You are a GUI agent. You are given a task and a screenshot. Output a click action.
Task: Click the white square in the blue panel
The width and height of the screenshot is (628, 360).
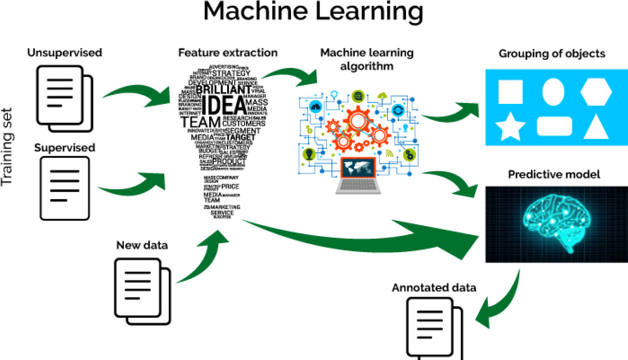[x=510, y=92]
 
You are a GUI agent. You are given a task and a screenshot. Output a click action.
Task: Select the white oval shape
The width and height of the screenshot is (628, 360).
[x=553, y=92]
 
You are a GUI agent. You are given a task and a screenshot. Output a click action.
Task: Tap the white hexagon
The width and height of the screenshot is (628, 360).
[x=596, y=92]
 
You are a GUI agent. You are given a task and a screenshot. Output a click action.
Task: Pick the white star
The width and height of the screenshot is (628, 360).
[x=510, y=127]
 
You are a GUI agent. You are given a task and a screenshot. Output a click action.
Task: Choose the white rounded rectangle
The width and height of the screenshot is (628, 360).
[x=554, y=126]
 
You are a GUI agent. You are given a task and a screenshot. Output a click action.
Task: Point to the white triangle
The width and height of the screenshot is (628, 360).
[x=596, y=128]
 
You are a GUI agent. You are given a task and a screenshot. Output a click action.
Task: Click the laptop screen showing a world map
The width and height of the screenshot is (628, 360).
[x=357, y=168]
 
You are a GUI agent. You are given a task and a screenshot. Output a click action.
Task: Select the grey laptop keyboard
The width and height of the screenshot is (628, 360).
[x=358, y=185]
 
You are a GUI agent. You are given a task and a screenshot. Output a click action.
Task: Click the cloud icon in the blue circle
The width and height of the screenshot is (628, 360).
[x=315, y=106]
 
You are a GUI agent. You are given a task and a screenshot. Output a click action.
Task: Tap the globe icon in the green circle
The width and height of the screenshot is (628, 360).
[x=357, y=96]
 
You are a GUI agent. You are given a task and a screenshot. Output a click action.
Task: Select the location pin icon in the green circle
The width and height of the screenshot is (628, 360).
[x=309, y=154]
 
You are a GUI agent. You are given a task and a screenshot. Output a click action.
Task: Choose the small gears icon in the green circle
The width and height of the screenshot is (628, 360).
[x=409, y=155]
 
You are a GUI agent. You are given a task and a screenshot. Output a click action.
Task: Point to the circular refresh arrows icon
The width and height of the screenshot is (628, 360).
[x=398, y=110]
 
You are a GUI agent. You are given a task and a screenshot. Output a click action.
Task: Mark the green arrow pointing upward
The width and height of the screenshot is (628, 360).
[x=205, y=257]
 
